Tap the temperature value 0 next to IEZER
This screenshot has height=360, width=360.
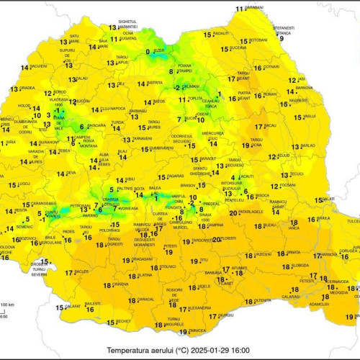tap(148, 52)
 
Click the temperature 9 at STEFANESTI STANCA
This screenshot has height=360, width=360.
tap(282, 38)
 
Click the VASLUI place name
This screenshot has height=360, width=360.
tap(310, 116)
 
